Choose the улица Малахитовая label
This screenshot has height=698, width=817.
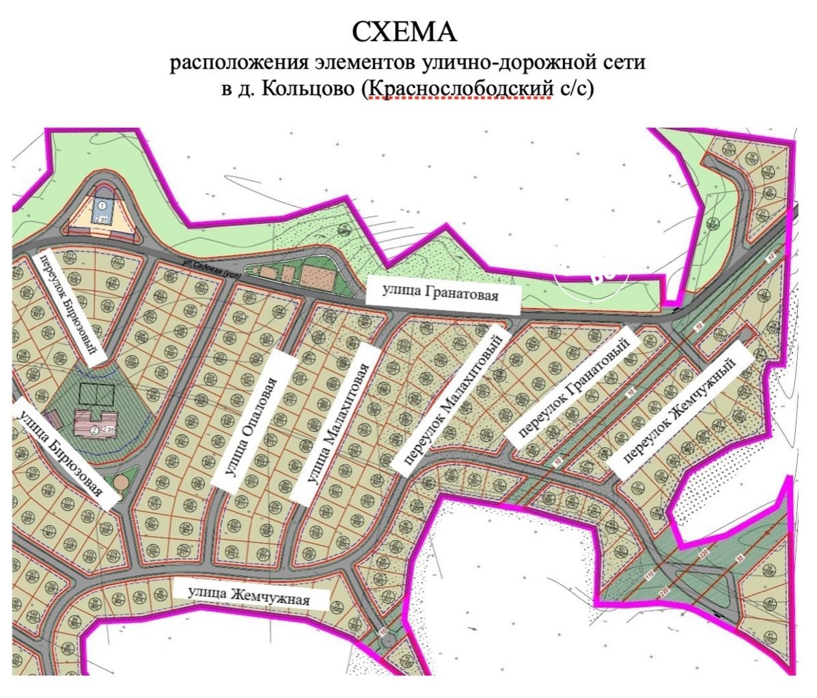[x=336, y=424]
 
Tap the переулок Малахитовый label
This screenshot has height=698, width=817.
[x=452, y=397]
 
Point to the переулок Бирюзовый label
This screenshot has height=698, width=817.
[x=71, y=304]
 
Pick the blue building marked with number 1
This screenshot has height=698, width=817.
[x=102, y=211]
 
